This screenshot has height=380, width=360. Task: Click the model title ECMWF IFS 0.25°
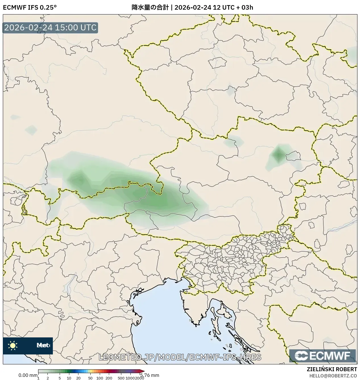pyautogui.click(x=30, y=7)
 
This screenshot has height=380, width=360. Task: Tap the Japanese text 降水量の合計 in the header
pyautogui.click(x=149, y=7)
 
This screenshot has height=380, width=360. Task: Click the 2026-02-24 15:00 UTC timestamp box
pyautogui.click(x=50, y=28)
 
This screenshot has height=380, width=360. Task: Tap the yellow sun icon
pyautogui.click(x=13, y=345)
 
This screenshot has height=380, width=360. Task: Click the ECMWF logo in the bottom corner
pyautogui.click(x=322, y=356)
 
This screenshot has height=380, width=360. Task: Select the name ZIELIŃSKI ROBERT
pyautogui.click(x=332, y=369)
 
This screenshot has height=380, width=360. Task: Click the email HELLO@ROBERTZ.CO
pyautogui.click(x=333, y=375)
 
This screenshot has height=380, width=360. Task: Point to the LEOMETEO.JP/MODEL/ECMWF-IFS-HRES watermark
pyautogui.click(x=180, y=357)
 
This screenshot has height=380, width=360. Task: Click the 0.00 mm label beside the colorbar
pyautogui.click(x=28, y=375)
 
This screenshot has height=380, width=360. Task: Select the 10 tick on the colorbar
pyautogui.click(x=69, y=378)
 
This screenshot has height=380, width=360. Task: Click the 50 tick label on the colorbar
pyautogui.click(x=90, y=378)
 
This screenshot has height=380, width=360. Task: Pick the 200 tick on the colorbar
pyautogui.click(x=109, y=378)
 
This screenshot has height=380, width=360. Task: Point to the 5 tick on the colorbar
pyautogui.click(x=60, y=378)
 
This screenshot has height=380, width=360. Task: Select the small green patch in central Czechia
pyautogui.click(x=230, y=91)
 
